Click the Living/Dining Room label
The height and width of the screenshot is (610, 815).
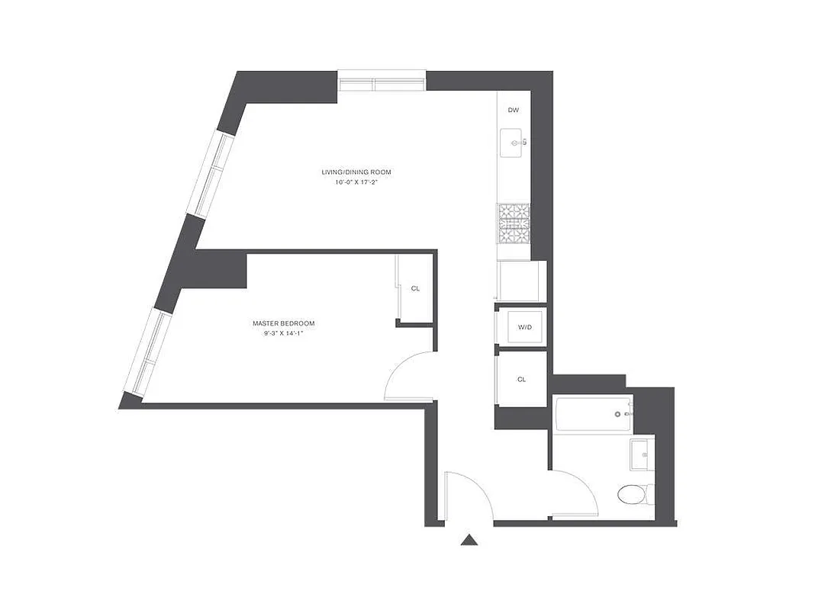[356, 172]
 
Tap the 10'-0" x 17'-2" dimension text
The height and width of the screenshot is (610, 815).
[356, 183]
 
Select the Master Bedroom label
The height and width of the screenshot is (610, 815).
[283, 323]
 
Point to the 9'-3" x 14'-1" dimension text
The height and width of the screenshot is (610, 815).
[283, 334]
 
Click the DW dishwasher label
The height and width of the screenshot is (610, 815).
[514, 111]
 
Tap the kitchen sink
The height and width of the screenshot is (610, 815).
[512, 143]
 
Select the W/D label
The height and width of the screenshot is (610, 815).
[524, 328]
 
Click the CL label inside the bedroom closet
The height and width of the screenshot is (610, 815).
[415, 289]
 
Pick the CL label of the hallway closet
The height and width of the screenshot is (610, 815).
[521, 379]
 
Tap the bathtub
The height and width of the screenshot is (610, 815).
[592, 414]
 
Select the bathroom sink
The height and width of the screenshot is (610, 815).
[640, 454]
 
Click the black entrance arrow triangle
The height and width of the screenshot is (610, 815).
[469, 541]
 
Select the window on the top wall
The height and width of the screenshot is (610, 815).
[382, 82]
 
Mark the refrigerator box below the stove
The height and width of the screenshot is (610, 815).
[521, 281]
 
